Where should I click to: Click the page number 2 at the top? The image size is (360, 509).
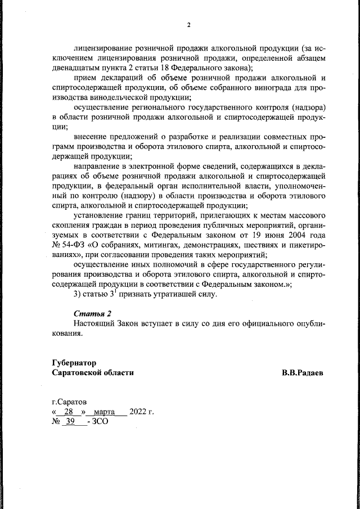pos(189,25)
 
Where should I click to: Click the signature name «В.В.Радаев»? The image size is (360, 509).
pos(303,372)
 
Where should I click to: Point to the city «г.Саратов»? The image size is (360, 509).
pos(69,402)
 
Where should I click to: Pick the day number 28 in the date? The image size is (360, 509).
pos(70,412)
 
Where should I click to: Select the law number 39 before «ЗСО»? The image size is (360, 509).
pos(70,421)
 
